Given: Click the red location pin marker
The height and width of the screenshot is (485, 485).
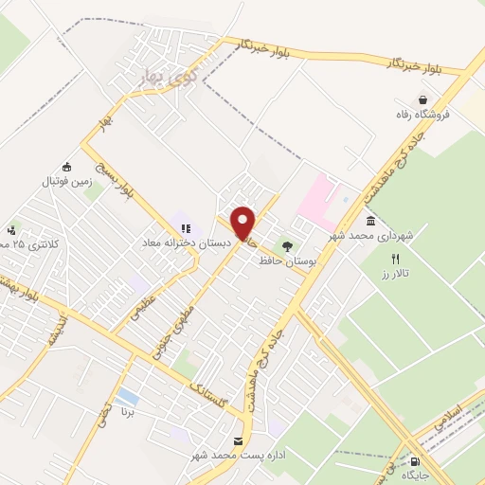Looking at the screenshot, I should click(x=244, y=223).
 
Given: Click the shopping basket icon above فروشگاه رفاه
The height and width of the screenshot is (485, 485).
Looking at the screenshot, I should click(x=422, y=99).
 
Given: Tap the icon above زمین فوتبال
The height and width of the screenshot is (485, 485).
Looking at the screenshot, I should click(x=65, y=166).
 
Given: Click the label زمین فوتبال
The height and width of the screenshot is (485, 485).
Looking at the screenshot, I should click(x=63, y=180).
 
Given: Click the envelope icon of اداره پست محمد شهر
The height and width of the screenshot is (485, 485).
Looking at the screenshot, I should click(x=238, y=442).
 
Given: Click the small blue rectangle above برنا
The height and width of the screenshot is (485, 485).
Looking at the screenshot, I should click(x=127, y=396).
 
